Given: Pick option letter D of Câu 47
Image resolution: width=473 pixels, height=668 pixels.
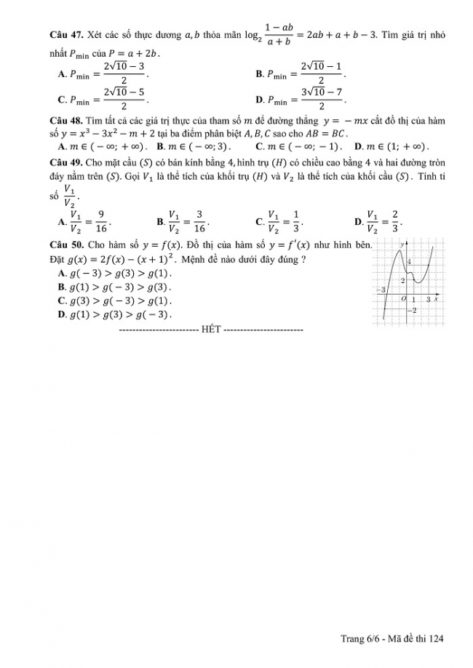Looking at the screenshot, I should point(260,100).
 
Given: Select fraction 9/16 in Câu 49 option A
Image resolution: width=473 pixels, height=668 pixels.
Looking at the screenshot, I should point(102,220).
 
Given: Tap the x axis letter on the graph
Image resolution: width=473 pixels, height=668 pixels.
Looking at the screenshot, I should point(435,299).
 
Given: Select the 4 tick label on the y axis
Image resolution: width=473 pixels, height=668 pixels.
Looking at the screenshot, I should point(409,261).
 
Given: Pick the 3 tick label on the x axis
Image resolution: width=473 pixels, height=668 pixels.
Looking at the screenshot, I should point(428,300).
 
